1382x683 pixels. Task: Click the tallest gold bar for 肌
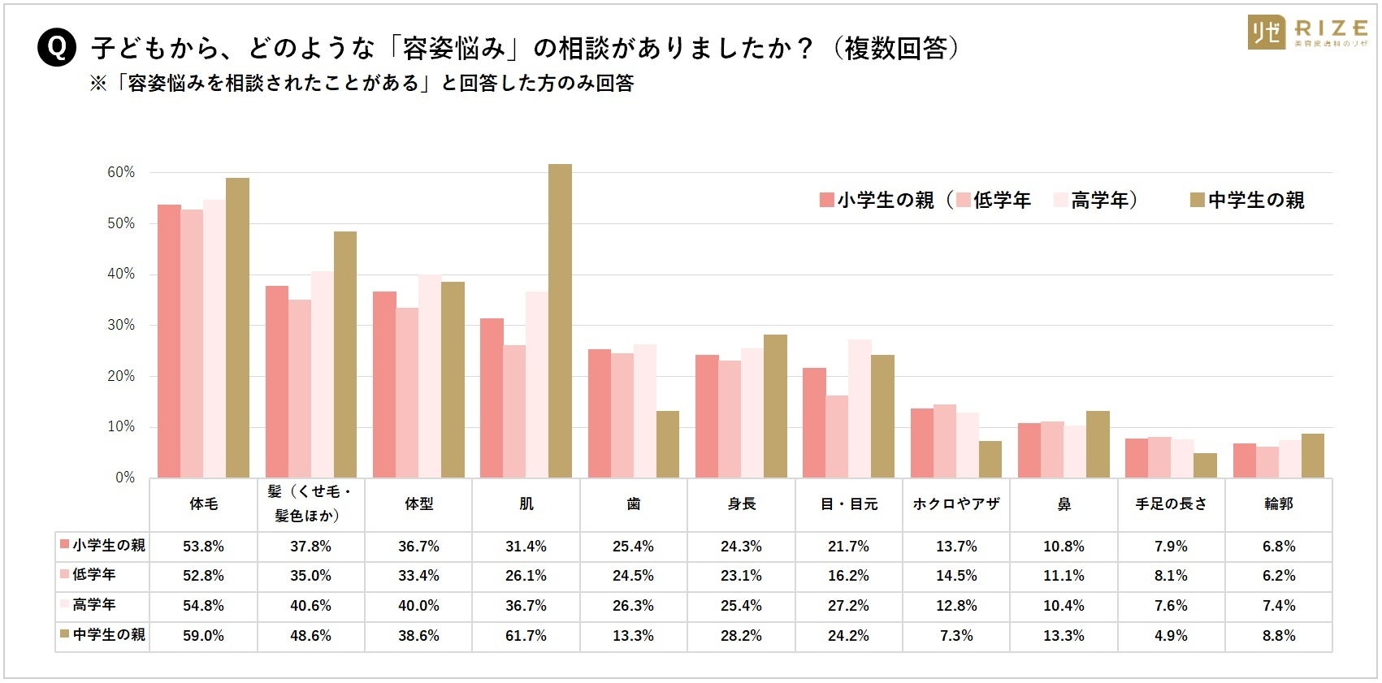(560, 321)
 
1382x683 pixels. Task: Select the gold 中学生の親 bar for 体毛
(237, 327)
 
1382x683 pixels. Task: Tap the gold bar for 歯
(668, 444)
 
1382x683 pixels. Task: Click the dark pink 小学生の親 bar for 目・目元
(814, 422)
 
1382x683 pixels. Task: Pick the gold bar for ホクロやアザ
(990, 459)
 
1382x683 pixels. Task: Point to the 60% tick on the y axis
(121, 172)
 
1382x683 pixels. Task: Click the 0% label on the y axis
(125, 478)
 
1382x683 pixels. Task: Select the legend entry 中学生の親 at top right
(1247, 200)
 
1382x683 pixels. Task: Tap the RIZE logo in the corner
(1308, 32)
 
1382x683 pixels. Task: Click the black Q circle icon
(57, 48)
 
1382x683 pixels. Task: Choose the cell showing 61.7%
(526, 636)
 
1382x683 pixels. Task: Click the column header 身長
(742, 504)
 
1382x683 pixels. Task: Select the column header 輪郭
(1278, 504)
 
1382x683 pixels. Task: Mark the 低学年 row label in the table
(94, 575)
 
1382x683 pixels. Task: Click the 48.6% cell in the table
(310, 636)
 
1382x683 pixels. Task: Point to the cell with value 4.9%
(1171, 636)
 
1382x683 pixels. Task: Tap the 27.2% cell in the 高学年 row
(848, 606)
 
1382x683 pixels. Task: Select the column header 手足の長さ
(1171, 504)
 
